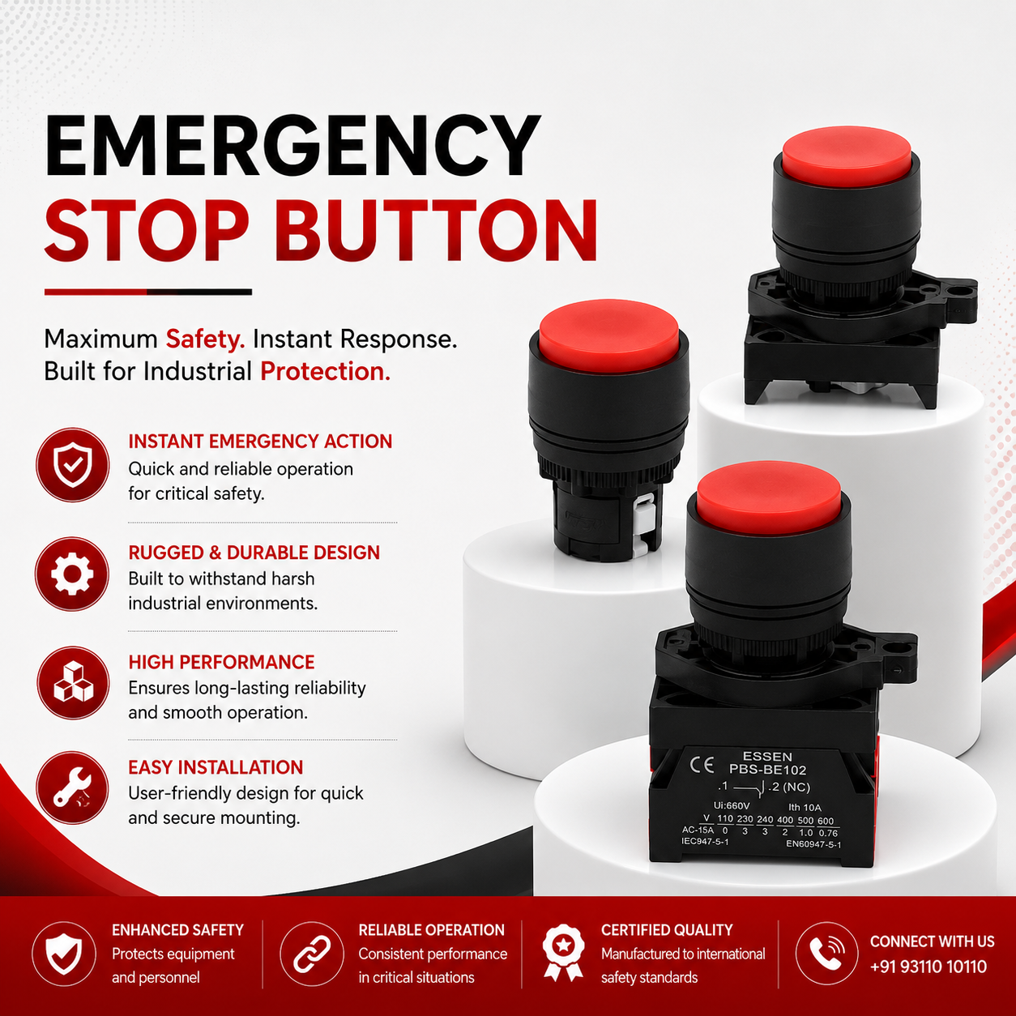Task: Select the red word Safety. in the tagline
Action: pyautogui.click(x=205, y=339)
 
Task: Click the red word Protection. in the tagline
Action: pyautogui.click(x=326, y=371)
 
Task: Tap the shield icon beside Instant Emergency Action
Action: pyautogui.click(x=73, y=464)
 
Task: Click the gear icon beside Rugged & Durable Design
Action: pyautogui.click(x=72, y=574)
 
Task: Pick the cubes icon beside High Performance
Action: pyautogui.click(x=73, y=683)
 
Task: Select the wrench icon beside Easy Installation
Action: pyautogui.click(x=72, y=788)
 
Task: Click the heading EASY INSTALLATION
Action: pyautogui.click(x=216, y=767)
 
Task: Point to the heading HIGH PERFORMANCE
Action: pyautogui.click(x=221, y=662)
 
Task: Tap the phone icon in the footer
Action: pyautogui.click(x=826, y=954)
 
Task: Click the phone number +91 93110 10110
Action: pyautogui.click(x=928, y=967)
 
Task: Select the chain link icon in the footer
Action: pyautogui.click(x=312, y=954)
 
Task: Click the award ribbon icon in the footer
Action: pyautogui.click(x=564, y=953)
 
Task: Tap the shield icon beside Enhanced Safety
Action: pyautogui.click(x=64, y=954)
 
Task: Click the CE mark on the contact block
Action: pyautogui.click(x=702, y=765)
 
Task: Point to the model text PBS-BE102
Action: pyautogui.click(x=767, y=770)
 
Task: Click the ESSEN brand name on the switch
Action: pyautogui.click(x=767, y=757)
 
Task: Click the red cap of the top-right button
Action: pyautogui.click(x=846, y=156)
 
